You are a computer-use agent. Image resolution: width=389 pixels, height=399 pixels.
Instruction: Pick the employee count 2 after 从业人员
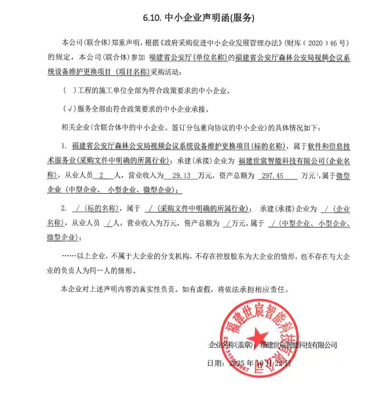(x=101, y=175)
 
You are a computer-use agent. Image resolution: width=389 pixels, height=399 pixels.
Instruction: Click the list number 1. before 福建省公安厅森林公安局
(x=63, y=146)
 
